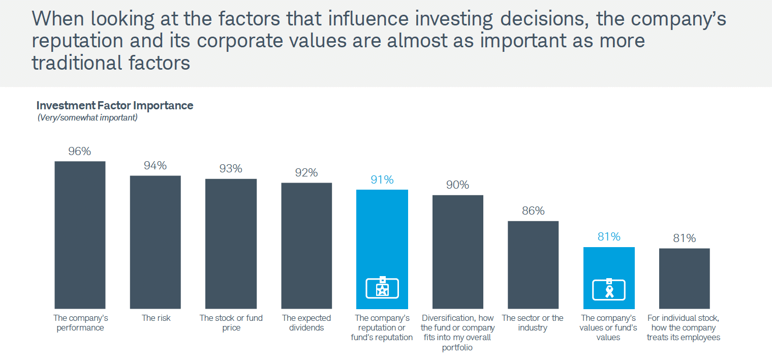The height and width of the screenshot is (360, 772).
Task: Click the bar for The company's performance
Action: click(x=80, y=235)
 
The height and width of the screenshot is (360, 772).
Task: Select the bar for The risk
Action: click(x=156, y=242)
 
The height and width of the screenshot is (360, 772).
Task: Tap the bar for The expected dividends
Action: click(x=306, y=246)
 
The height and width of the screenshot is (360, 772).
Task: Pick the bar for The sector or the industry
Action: click(x=533, y=264)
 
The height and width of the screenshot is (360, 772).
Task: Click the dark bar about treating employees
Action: click(x=684, y=278)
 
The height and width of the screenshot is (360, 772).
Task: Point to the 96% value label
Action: click(x=80, y=151)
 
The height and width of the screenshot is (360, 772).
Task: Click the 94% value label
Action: click(x=156, y=165)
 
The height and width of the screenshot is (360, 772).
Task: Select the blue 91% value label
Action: click(x=382, y=179)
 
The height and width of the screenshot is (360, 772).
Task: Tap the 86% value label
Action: click(x=533, y=211)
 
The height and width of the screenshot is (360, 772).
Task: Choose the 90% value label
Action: click(x=457, y=185)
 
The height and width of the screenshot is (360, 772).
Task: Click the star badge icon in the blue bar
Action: click(x=382, y=288)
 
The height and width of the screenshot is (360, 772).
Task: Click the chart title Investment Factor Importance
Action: click(x=115, y=106)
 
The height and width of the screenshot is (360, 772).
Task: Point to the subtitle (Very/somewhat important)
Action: click(x=87, y=117)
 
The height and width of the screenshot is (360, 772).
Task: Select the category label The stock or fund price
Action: click(x=231, y=323)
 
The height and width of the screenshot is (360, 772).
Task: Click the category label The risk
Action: click(x=156, y=318)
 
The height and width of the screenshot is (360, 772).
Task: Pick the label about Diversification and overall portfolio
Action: click(x=457, y=333)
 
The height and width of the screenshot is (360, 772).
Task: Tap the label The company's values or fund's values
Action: click(x=608, y=327)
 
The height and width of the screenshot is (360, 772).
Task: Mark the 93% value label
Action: click(x=231, y=168)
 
